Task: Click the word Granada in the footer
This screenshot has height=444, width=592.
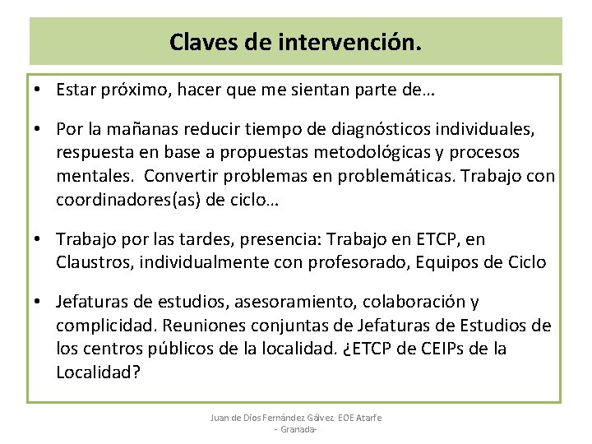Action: tap(297, 430)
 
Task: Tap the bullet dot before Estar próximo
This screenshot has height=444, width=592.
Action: tap(39, 90)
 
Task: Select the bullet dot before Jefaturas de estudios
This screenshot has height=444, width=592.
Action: tap(39, 303)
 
